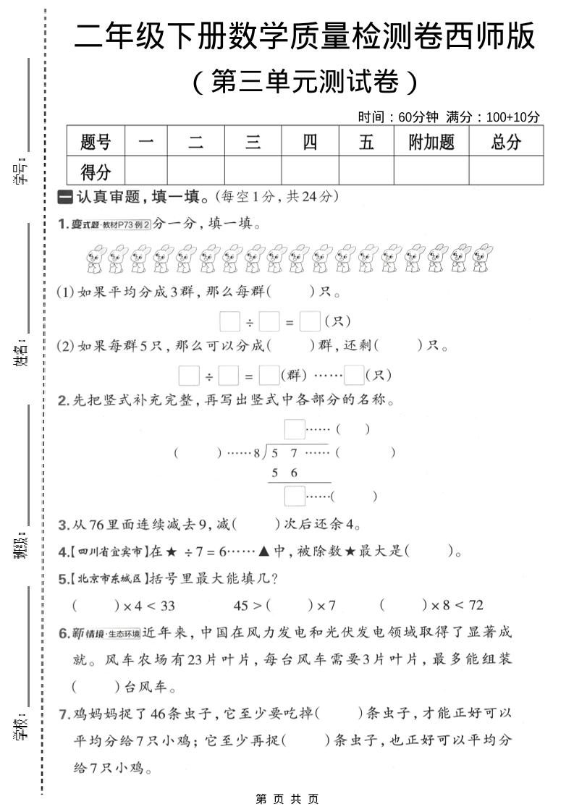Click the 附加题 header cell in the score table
coord(431,142)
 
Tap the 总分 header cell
coord(505,142)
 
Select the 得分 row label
coord(96,172)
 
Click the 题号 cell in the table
coord(96,142)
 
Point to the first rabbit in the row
coord(96,259)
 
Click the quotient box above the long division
coord(294,429)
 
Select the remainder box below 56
coord(294,496)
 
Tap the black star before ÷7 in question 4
coord(171,552)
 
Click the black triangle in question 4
coord(263,552)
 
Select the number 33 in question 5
coord(166,605)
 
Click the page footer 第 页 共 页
coord(287,799)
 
